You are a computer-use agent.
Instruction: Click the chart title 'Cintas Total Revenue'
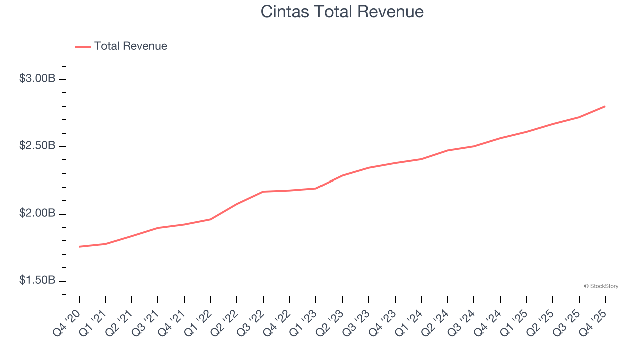point(342,12)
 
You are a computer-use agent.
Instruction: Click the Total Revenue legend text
point(130,46)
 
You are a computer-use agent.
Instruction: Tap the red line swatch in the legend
point(83,47)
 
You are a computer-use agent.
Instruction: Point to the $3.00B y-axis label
point(37,79)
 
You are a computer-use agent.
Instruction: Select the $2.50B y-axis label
point(37,146)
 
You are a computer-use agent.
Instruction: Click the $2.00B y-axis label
point(37,213)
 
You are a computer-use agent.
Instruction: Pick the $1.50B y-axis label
point(37,280)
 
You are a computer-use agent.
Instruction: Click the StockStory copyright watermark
point(601,286)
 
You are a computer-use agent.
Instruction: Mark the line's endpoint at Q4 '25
point(605,106)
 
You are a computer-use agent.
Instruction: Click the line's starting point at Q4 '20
point(79,247)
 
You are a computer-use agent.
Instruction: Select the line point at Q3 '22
point(263,192)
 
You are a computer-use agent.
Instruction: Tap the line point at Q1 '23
point(316,188)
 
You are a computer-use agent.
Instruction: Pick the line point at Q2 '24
point(448,150)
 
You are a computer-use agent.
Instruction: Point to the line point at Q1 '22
point(211,219)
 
